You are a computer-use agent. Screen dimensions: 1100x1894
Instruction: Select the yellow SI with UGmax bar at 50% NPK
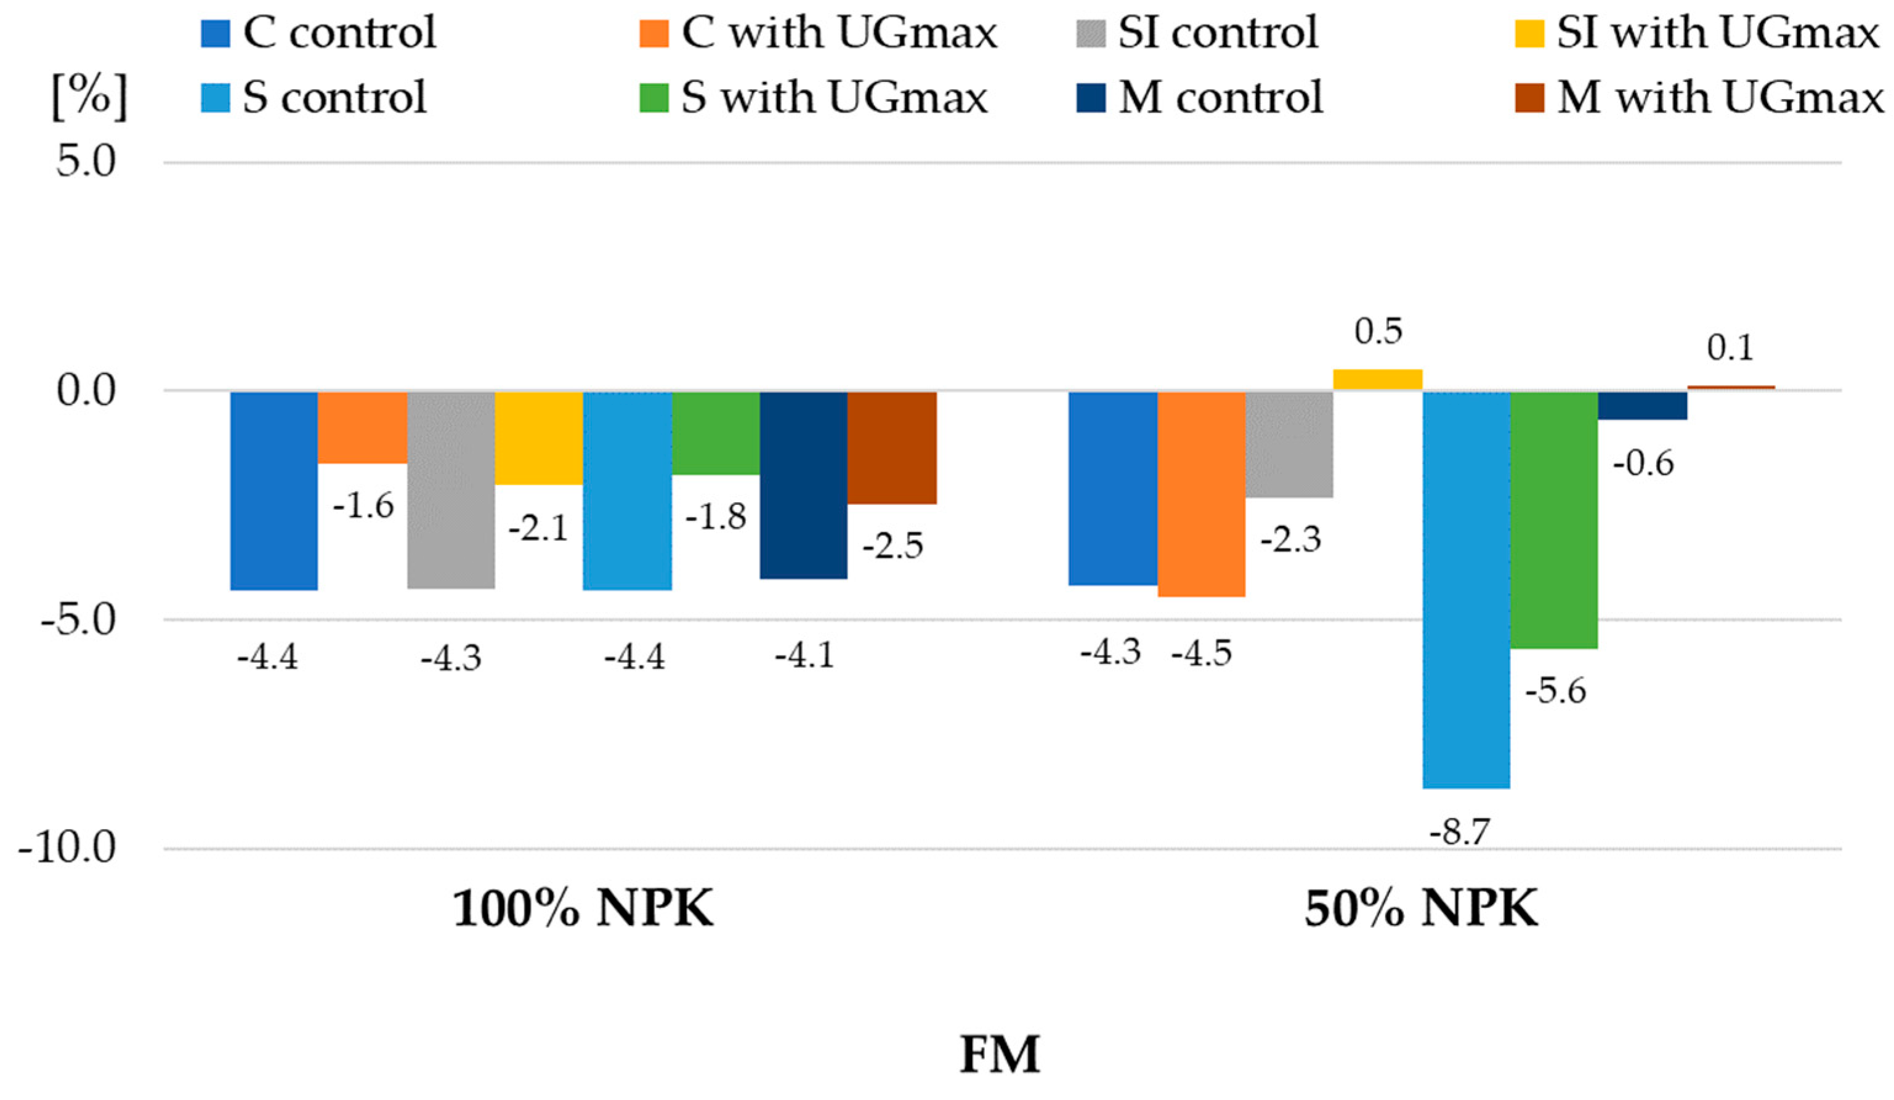(1378, 379)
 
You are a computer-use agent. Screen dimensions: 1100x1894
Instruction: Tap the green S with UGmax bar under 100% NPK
(716, 433)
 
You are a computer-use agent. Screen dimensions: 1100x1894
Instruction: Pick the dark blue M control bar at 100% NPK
(803, 484)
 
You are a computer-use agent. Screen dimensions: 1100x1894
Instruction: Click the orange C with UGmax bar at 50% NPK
(1201, 494)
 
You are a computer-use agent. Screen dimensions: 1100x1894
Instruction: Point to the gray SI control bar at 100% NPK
(451, 489)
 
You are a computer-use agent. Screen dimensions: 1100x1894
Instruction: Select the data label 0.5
(1378, 331)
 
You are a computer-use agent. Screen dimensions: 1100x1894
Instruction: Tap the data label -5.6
(1555, 691)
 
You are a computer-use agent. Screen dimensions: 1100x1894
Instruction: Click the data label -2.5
(892, 546)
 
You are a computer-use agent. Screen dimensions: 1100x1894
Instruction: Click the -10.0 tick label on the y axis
(68, 849)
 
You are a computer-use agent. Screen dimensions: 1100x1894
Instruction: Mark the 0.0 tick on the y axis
(86, 391)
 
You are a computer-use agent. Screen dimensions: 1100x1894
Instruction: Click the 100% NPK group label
(583, 910)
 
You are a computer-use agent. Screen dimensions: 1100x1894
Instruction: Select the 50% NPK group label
(1420, 910)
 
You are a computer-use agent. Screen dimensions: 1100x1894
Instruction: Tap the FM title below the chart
(1000, 1056)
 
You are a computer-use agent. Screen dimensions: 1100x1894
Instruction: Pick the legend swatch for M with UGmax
(1529, 98)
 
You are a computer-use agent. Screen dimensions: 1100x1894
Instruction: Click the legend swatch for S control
(215, 98)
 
